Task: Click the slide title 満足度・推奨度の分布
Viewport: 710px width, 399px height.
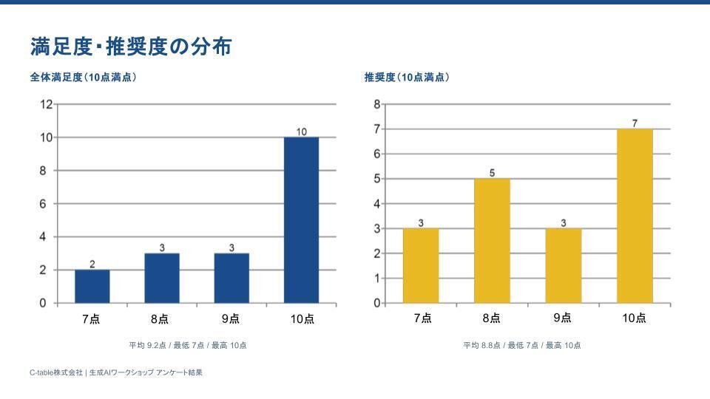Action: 131,47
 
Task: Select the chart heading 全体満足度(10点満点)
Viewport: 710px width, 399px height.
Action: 83,77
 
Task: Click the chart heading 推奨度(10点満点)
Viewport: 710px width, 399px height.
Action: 406,77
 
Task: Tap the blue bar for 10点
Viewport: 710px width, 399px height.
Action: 301,220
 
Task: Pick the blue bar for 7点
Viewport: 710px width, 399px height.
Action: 92,287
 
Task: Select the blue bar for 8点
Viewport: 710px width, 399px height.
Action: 162,279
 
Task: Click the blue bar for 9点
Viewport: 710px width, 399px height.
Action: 231,279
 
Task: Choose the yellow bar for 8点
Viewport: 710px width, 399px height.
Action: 492,241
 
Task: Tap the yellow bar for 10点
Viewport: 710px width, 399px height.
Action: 635,216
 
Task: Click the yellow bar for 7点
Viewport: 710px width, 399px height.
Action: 421,266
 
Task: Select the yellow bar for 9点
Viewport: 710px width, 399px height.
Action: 564,266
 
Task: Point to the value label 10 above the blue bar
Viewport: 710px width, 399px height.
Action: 301,132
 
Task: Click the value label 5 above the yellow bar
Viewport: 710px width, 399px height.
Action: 492,173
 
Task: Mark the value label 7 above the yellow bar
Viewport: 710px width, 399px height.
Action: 635,123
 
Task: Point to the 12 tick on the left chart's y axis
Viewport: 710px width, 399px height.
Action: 46,104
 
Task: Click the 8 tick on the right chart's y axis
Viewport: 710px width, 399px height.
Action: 376,104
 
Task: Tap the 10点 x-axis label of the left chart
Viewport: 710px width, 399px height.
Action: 302,319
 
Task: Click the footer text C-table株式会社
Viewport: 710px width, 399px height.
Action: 55,372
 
